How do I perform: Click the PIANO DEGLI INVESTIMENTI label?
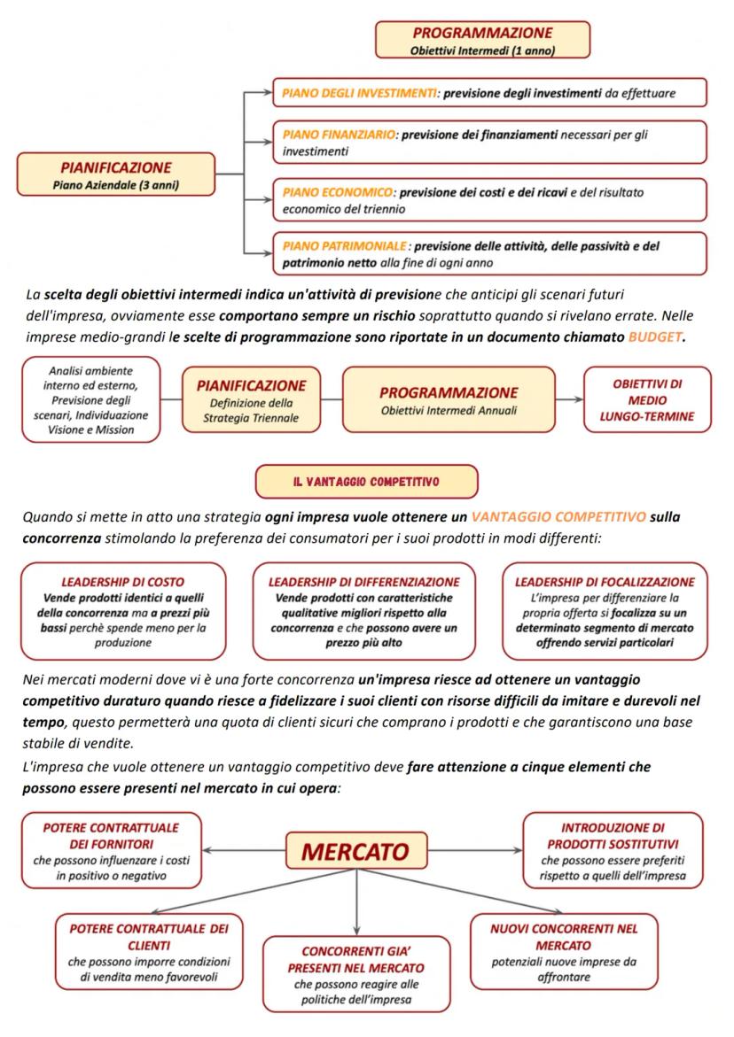(359, 91)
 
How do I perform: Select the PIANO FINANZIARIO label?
(338, 135)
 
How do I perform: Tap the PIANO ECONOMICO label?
(337, 191)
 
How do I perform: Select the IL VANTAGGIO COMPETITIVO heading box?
(366, 482)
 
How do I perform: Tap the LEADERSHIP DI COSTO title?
(122, 582)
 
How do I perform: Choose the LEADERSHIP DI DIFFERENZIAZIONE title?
(363, 582)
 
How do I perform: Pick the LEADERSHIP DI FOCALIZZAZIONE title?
(605, 582)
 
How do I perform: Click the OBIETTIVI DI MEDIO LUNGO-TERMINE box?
(647, 399)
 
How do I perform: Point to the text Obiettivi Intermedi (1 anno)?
(482, 50)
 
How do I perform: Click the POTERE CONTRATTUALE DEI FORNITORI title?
(111, 835)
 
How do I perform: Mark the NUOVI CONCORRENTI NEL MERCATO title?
(564, 937)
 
